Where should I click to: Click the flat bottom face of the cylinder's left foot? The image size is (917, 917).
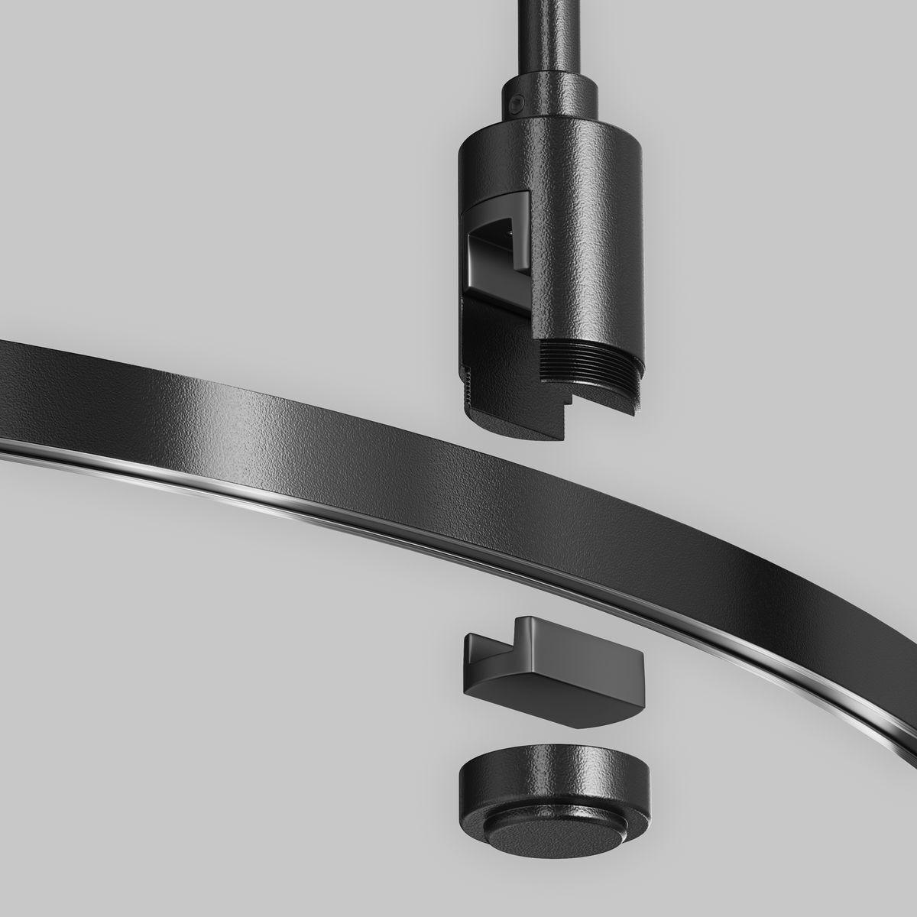512,423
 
